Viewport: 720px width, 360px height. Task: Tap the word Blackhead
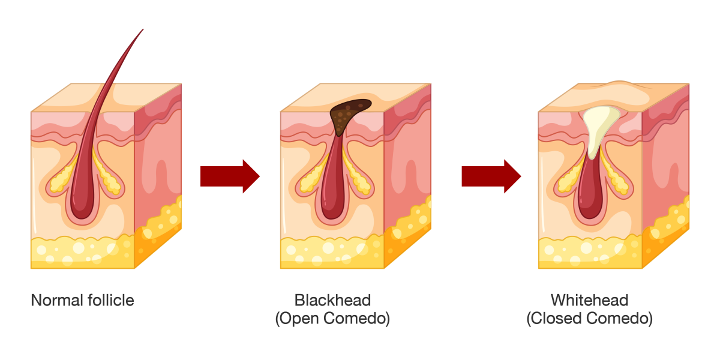[x=332, y=300]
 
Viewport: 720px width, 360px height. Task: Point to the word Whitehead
[x=589, y=300]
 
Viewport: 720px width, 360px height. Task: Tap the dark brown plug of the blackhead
[x=348, y=114]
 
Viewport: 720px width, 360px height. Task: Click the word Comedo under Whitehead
[x=624, y=319]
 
